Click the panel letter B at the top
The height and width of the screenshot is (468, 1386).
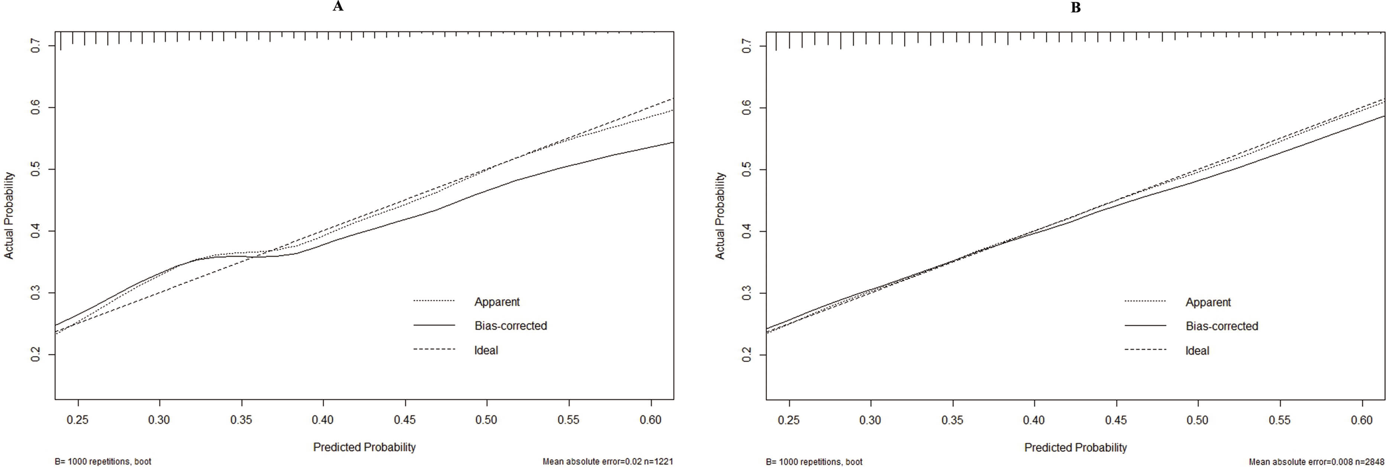[1076, 7]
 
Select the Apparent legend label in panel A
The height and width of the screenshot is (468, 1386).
[496, 302]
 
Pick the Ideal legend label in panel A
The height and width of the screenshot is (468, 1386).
[486, 350]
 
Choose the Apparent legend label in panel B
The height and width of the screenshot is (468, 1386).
[1208, 302]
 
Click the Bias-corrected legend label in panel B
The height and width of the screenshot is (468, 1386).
[1222, 326]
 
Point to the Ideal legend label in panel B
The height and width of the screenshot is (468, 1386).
[1197, 351]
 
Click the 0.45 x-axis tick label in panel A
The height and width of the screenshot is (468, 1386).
[405, 420]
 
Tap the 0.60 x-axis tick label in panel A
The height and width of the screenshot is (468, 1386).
[651, 420]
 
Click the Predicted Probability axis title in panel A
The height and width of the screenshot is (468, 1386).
[364, 447]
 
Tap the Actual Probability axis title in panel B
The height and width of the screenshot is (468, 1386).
[720, 216]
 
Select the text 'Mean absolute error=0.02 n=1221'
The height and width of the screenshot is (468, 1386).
[608, 462]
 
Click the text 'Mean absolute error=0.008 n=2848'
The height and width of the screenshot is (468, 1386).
[1316, 462]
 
